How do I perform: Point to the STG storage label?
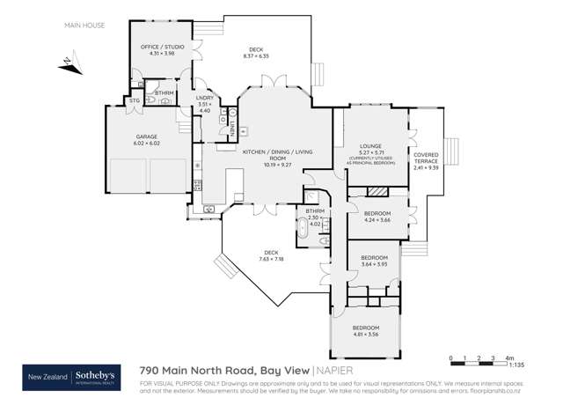pyautogui.click(x=134, y=101)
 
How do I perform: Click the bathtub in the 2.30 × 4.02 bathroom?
pyautogui.click(x=303, y=233)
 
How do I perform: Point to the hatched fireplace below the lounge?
pyautogui.click(x=377, y=191)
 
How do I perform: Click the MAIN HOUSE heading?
pyautogui.click(x=84, y=26)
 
